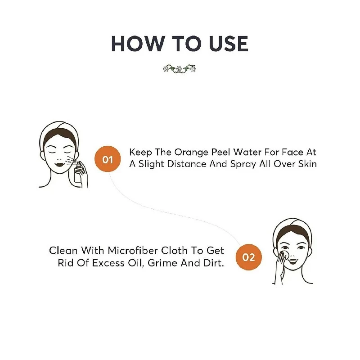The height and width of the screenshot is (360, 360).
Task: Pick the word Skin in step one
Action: (x=307, y=164)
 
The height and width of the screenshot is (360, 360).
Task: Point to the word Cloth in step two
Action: (x=175, y=251)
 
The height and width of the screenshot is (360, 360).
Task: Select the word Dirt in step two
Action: (x=214, y=263)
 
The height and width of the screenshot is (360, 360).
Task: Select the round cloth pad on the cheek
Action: (x=283, y=257)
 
